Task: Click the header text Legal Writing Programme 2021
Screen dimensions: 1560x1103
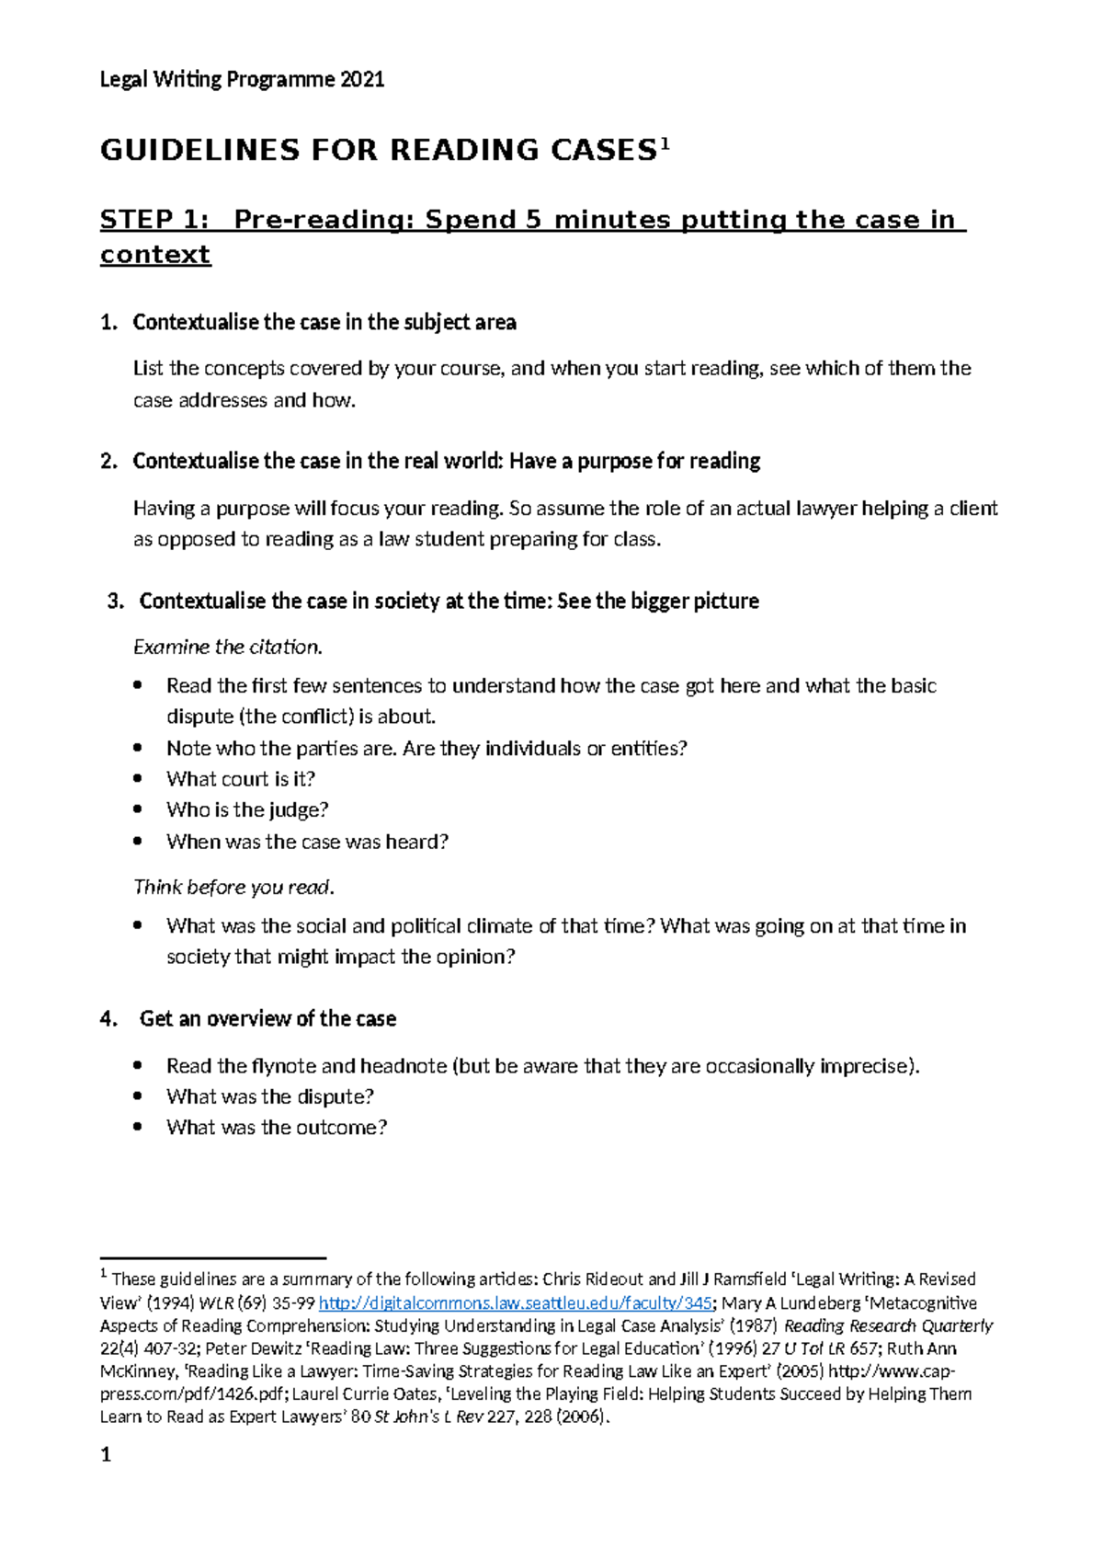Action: coord(242,79)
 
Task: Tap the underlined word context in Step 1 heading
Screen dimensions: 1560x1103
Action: coord(155,255)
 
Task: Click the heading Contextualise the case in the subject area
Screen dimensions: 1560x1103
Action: coord(324,323)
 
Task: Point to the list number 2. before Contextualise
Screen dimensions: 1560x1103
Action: coord(108,462)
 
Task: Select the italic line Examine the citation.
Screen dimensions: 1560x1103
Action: coord(228,648)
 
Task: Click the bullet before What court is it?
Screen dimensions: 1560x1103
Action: coord(138,779)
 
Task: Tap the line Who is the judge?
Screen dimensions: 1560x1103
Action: coord(246,810)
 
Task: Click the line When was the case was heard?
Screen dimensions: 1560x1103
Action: coord(307,842)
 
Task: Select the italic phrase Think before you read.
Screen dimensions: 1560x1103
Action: coord(233,888)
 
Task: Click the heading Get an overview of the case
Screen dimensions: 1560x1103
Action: coord(267,1019)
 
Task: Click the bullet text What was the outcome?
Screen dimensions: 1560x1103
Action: coord(276,1128)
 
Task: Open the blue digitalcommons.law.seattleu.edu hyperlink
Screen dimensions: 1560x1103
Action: coord(515,1303)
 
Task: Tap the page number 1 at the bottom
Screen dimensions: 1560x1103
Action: coord(106,1455)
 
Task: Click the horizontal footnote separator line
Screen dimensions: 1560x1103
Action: coord(213,1257)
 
